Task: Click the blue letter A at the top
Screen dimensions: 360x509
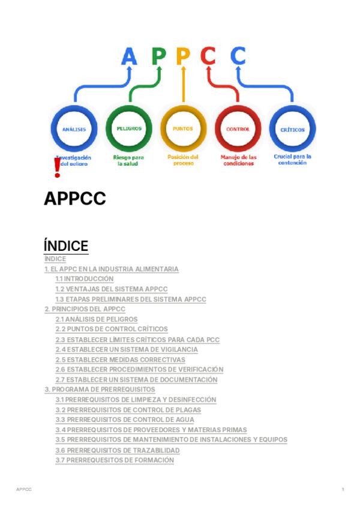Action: [129, 56]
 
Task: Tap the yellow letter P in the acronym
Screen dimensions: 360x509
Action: [183, 56]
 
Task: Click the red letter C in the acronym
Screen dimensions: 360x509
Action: [208, 56]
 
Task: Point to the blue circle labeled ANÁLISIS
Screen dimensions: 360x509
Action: [74, 129]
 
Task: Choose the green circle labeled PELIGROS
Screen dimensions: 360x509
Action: [129, 129]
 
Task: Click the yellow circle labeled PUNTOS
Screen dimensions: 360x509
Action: [183, 129]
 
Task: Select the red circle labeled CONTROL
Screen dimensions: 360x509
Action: [238, 129]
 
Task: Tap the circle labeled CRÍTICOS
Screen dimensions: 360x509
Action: [292, 129]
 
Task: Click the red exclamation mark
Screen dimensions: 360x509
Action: [58, 168]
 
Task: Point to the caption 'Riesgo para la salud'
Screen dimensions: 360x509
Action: [129, 160]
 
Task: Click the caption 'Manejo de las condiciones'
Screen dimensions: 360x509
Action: [238, 160]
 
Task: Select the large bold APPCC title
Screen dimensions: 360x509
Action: [74, 199]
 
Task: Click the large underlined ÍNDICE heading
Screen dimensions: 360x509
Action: [66, 245]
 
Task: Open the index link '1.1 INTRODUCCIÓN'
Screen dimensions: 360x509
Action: [84, 279]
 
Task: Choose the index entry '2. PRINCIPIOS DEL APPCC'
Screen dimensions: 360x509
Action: [85, 309]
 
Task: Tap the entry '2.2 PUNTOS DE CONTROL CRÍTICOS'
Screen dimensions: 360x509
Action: [112, 329]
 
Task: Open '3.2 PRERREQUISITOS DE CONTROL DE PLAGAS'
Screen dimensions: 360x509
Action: [128, 409]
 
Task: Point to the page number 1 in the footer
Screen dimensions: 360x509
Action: [343, 490]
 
